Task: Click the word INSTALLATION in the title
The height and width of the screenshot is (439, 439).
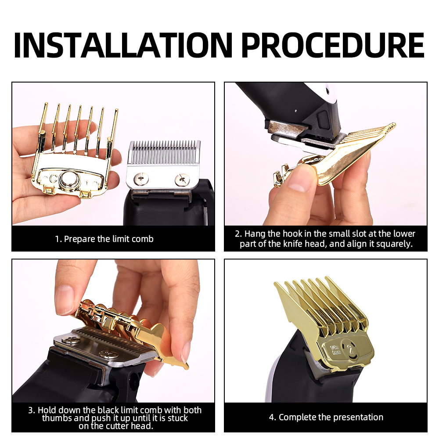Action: click(123, 45)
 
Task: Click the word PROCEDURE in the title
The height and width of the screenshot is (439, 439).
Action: click(333, 45)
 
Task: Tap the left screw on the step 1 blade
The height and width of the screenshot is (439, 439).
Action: click(140, 178)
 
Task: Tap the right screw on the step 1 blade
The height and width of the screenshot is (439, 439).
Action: click(182, 179)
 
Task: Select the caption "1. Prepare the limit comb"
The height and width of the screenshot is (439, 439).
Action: click(104, 239)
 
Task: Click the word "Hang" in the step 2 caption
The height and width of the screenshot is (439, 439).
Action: click(255, 234)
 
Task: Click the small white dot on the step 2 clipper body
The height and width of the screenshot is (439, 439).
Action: click(296, 111)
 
